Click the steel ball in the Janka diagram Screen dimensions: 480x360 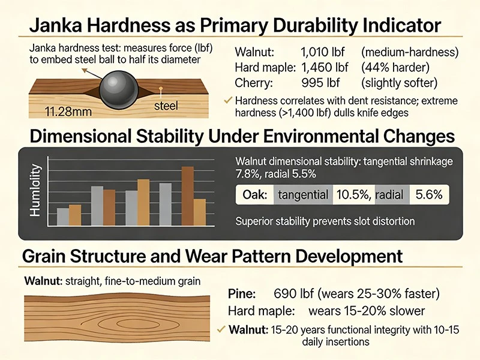coord(119,90)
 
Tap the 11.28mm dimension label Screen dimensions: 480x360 coord(68,112)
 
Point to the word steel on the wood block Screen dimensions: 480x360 coord(166,106)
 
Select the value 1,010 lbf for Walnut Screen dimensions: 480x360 coord(323,52)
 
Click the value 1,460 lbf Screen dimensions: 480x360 coord(325,67)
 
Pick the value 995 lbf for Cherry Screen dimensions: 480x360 coord(320,83)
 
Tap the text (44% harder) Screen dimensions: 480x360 coord(395,67)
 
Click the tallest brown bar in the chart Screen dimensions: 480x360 coord(188,196)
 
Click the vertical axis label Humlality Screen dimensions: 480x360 coord(35,190)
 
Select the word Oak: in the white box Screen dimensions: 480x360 coord(254,194)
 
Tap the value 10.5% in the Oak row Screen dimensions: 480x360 coord(353,194)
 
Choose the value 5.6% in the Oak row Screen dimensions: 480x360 coord(429,194)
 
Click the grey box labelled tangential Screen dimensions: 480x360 coord(303,194)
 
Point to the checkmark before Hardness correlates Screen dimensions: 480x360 coord(228,100)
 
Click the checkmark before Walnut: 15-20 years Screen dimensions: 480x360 coord(221,329)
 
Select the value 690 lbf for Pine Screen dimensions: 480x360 coord(293,293)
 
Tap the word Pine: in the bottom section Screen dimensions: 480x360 coord(242,293)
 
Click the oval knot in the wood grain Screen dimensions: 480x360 coord(131,323)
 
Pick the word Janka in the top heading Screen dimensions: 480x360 coord(56,25)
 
